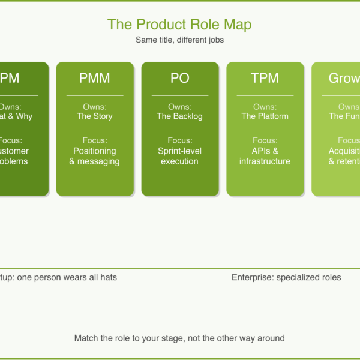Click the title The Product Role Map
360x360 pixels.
[x=179, y=25]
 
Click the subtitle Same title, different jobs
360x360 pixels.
[x=179, y=40]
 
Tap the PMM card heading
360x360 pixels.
[x=95, y=78]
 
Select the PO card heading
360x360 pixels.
[x=180, y=78]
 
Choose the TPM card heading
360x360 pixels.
[x=265, y=78]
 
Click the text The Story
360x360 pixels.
[x=95, y=116]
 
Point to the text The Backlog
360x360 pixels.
[x=180, y=116]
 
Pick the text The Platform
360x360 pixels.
[x=265, y=116]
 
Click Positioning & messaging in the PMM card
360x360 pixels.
[x=95, y=156]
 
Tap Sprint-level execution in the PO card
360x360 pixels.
[x=180, y=156]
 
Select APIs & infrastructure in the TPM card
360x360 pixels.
[x=265, y=156]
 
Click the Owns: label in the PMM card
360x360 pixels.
[x=95, y=107]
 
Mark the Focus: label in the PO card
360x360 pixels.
[x=180, y=141]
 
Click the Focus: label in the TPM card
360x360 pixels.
[x=265, y=141]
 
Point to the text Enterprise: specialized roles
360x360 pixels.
[x=286, y=277]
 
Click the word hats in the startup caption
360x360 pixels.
[x=108, y=277]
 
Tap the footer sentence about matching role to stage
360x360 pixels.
[x=179, y=338]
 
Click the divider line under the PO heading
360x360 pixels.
[x=180, y=95]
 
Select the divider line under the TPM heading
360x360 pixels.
[x=265, y=95]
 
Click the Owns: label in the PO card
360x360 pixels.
[x=180, y=107]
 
